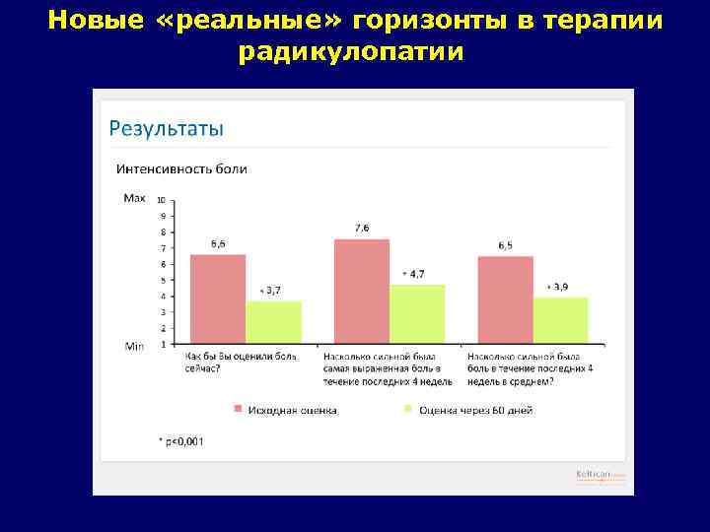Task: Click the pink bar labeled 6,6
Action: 218,299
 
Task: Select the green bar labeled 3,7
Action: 273,322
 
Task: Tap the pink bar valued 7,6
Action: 362,291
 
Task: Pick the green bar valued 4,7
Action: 417,314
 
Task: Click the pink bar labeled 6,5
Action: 505,299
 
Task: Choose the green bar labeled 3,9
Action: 560,320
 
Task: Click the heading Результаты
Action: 166,128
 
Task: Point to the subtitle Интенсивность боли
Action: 181,168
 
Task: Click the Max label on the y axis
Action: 134,197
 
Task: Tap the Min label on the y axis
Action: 134,346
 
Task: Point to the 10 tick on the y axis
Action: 162,199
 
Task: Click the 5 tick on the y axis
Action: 163,280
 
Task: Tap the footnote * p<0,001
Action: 180,440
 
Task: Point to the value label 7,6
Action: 362,228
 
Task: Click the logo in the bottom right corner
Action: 600,475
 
